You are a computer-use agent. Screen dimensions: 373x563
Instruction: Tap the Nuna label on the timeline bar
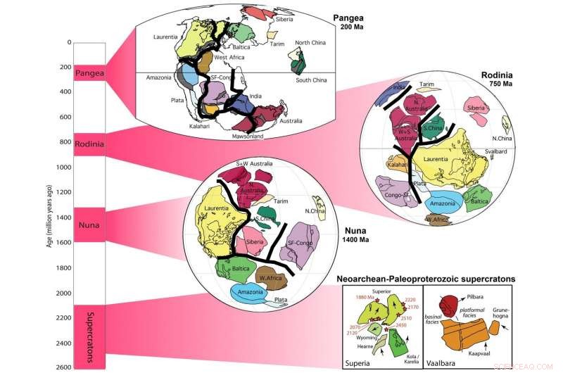(x=89, y=226)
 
